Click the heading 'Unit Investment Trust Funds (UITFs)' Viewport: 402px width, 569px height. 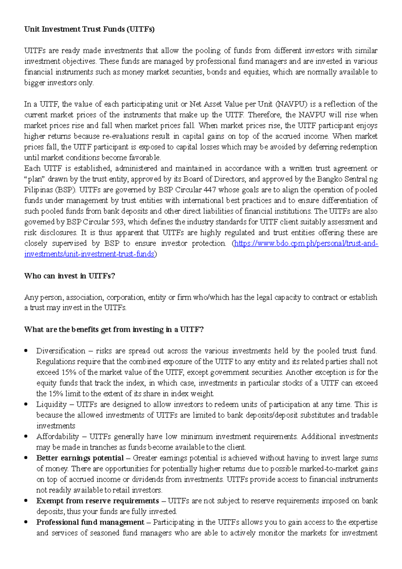[x=89, y=29]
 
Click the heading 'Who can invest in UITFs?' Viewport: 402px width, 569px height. [x=70, y=276]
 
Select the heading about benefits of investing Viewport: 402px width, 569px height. [x=114, y=329]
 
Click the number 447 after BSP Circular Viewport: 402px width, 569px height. [x=210, y=190]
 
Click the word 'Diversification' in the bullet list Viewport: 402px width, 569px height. [x=61, y=351]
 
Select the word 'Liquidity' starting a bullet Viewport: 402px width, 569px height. [x=51, y=404]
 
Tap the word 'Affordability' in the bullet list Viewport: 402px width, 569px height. [x=58, y=437]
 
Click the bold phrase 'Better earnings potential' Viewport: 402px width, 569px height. [x=80, y=458]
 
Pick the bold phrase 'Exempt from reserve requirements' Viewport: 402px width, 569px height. [x=97, y=501]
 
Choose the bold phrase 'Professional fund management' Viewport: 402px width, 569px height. [x=90, y=522]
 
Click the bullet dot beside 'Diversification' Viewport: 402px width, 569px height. [x=26, y=351]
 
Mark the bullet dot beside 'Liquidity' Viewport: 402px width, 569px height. [x=26, y=404]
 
